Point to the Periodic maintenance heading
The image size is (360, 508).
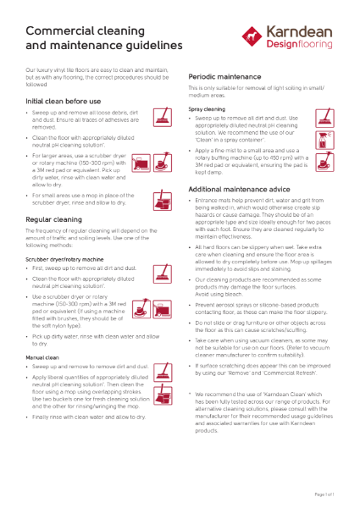click(224, 76)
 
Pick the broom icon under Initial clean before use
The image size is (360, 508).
click(162, 117)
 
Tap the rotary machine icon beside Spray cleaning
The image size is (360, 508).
click(325, 158)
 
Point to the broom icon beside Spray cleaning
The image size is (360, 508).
click(325, 118)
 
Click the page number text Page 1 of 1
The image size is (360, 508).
click(326, 492)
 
